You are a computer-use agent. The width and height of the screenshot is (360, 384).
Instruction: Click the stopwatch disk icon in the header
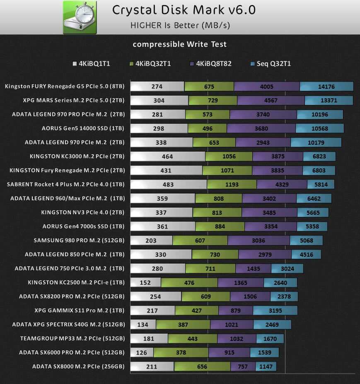(80, 17)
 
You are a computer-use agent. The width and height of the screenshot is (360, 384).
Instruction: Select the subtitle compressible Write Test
(179, 44)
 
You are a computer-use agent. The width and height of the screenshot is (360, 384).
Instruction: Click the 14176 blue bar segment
(326, 86)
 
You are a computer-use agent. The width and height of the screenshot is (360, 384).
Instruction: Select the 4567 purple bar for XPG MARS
(271, 100)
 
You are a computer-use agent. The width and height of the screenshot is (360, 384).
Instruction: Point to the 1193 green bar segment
(232, 184)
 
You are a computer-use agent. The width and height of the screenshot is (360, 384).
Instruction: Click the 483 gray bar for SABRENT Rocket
(169, 184)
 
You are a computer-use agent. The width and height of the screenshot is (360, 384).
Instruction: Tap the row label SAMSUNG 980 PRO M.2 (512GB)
(79, 240)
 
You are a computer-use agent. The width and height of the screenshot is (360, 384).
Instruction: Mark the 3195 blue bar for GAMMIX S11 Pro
(275, 310)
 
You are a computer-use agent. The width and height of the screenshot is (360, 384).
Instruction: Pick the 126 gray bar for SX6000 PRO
(142, 352)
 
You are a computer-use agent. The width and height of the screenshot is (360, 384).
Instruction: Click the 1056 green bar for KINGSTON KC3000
(229, 156)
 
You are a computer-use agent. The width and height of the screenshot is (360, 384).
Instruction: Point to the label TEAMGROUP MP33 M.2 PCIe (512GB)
(72, 338)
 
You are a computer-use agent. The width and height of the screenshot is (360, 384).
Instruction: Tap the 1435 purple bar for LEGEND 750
(253, 268)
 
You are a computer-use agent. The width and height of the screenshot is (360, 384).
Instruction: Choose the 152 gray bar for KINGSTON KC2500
(145, 282)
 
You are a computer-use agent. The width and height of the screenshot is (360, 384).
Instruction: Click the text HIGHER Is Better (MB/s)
(180, 25)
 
